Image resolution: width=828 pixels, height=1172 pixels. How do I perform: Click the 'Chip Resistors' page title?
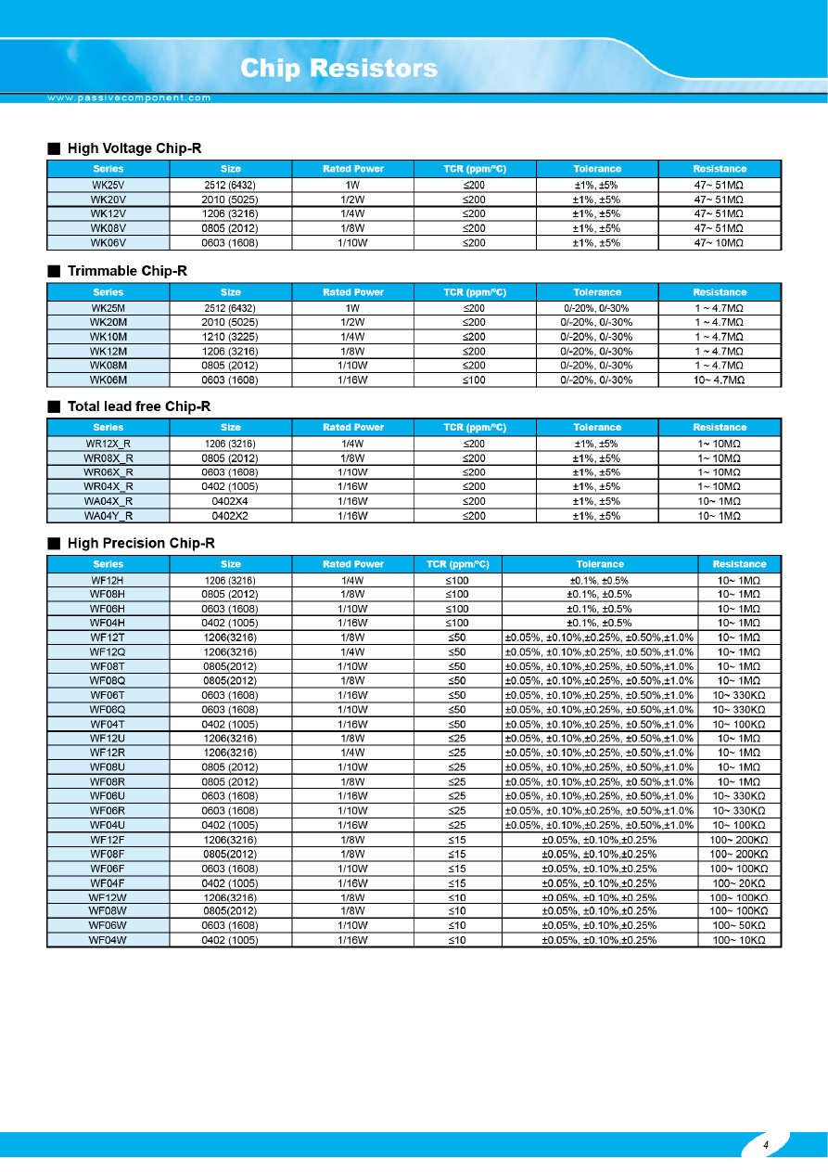pyautogui.click(x=338, y=69)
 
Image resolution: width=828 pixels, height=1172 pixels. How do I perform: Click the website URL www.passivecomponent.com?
pyautogui.click(x=130, y=97)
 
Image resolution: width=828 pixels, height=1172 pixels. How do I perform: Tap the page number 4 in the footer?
pyautogui.click(x=766, y=1145)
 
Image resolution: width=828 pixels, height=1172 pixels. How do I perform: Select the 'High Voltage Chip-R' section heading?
pyautogui.click(x=134, y=148)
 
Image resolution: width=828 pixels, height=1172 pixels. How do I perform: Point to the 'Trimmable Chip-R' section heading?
pyautogui.click(x=127, y=271)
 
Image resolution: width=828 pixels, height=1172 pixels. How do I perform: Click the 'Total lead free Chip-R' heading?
pyautogui.click(x=139, y=406)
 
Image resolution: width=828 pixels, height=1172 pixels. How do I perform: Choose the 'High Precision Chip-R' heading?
pyautogui.click(x=141, y=543)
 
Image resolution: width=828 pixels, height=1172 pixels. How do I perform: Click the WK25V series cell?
pyautogui.click(x=108, y=184)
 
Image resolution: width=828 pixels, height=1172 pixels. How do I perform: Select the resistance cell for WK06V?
pyautogui.click(x=720, y=243)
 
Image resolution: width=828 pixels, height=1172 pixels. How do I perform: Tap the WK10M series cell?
pyautogui.click(x=108, y=337)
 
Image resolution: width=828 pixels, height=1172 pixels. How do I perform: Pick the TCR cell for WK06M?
pyautogui.click(x=474, y=380)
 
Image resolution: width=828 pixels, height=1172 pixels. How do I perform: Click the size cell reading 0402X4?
pyautogui.click(x=230, y=501)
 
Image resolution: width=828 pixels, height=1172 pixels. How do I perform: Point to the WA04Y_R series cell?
pyautogui.click(x=108, y=516)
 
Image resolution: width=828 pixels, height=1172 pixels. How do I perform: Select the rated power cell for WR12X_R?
pyautogui.click(x=352, y=444)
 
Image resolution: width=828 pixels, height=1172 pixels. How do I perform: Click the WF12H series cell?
pyautogui.click(x=108, y=579)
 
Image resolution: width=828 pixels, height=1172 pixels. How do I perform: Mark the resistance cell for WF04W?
pyautogui.click(x=739, y=940)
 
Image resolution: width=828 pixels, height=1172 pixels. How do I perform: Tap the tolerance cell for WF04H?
pyautogui.click(x=600, y=623)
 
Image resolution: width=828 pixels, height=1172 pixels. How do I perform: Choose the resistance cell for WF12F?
pyautogui.click(x=739, y=839)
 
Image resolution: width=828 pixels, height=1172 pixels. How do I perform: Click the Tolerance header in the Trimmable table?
pyautogui.click(x=597, y=292)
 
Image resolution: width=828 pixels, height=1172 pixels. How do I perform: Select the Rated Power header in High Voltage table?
pyautogui.click(x=352, y=169)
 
